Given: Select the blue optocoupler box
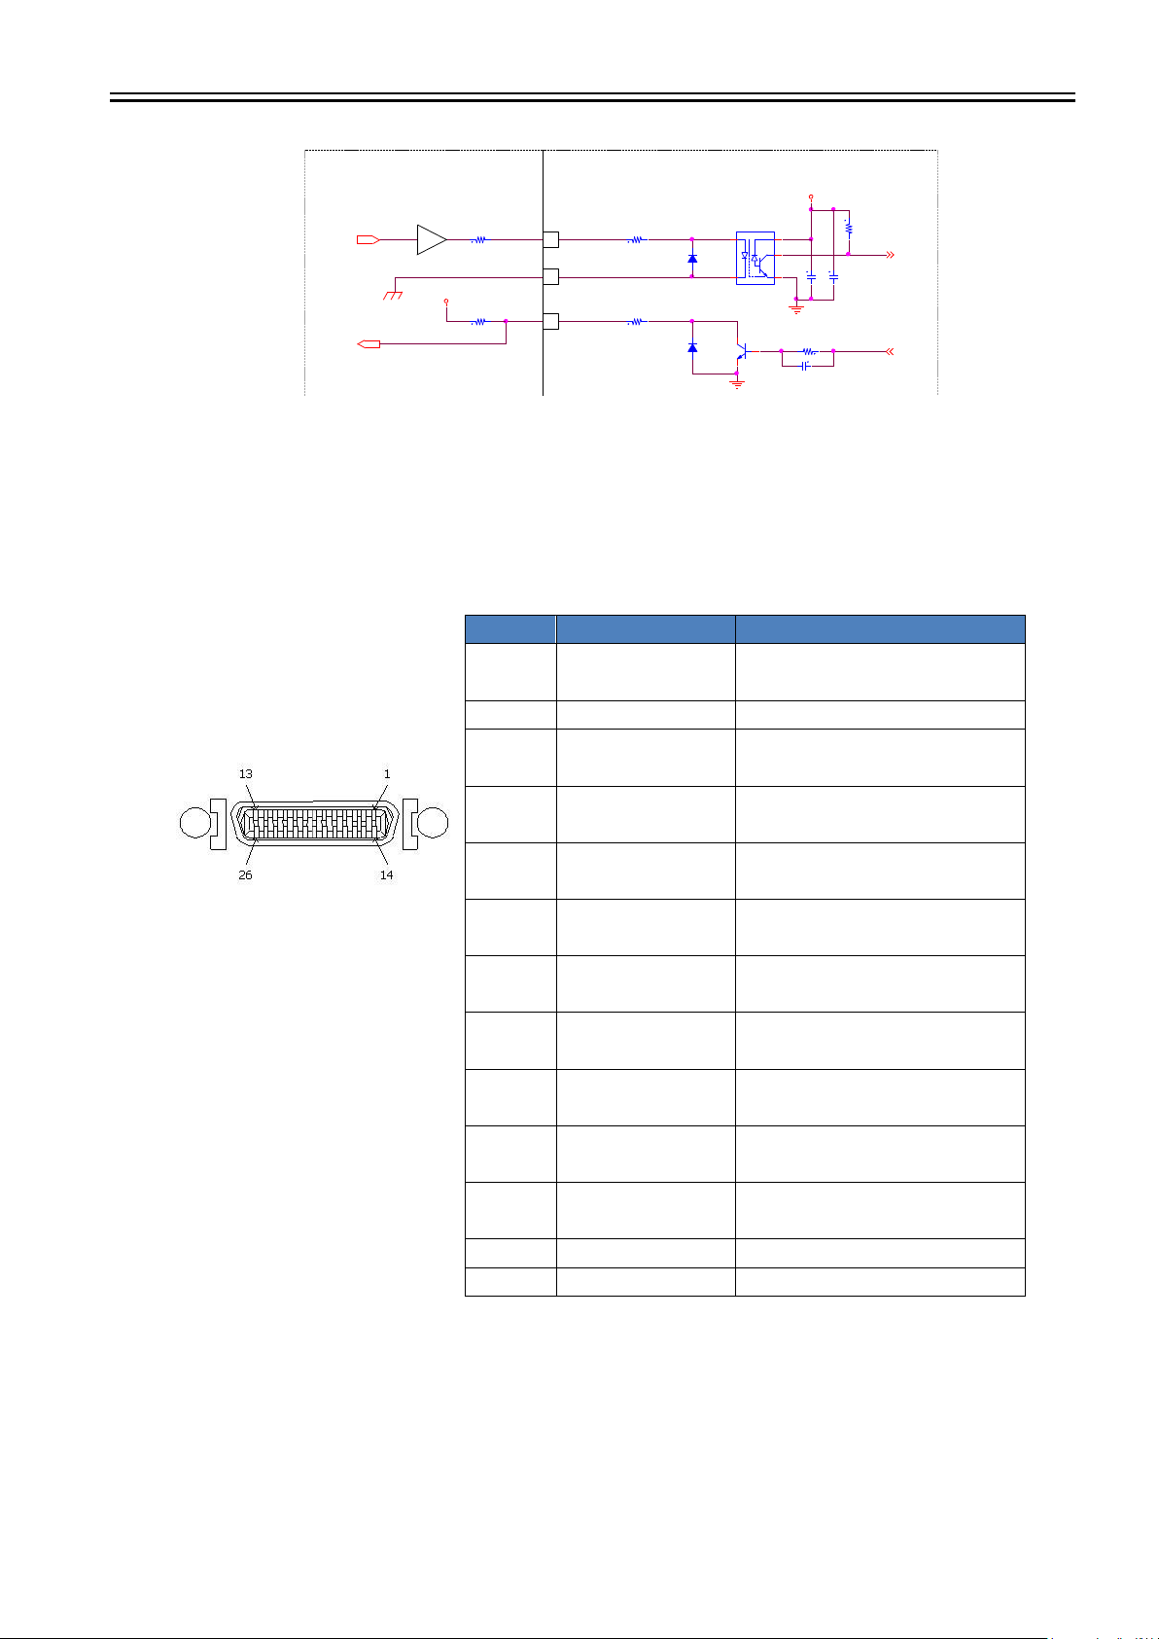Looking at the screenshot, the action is point(755,259).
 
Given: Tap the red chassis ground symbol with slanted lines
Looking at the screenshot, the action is point(393,295).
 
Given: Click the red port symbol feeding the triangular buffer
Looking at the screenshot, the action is point(368,239).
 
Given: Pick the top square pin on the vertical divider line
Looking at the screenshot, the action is point(550,239).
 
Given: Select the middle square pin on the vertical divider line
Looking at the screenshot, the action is point(550,276).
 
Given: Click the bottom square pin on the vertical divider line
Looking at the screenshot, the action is point(550,321).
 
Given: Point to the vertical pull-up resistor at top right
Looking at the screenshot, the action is point(848,229).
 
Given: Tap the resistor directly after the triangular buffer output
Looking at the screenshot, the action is point(479,239).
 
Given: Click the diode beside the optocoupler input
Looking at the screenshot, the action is point(692,259).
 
